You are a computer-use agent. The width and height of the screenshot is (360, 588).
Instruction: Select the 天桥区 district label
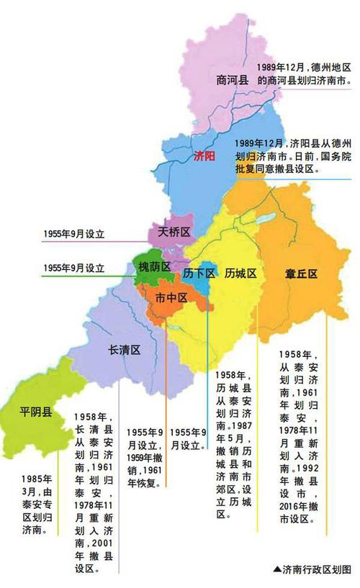(173, 232)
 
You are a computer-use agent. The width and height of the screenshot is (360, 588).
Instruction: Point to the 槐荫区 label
(154, 267)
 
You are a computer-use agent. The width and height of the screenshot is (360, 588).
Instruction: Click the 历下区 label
(199, 273)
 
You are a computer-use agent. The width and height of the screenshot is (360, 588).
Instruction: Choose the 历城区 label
(240, 273)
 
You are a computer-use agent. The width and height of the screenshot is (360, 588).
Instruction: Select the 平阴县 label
(35, 412)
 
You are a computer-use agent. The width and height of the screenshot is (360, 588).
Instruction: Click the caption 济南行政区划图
(317, 569)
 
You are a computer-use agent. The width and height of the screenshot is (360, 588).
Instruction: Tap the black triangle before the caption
(277, 569)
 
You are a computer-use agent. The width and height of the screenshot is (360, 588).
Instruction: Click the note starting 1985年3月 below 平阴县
(36, 504)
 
